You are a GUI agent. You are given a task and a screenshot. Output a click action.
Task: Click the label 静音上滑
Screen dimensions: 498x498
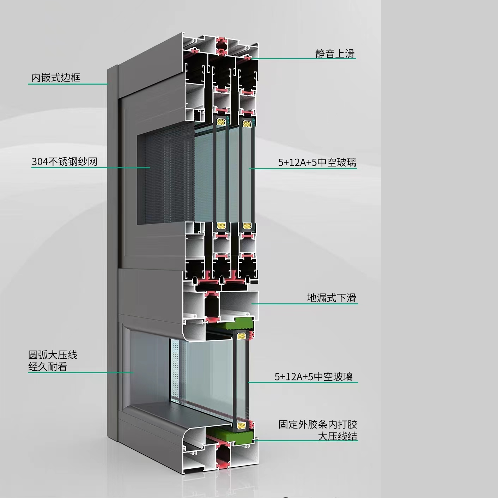[335, 54]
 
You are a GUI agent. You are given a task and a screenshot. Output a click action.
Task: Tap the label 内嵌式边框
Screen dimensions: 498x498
[56, 78]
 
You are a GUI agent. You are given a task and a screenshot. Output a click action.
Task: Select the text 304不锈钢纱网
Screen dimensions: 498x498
[64, 162]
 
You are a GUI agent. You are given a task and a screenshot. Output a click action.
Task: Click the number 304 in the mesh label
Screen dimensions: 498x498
[40, 162]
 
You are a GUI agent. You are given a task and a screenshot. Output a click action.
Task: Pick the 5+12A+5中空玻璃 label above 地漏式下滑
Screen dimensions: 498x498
[317, 162]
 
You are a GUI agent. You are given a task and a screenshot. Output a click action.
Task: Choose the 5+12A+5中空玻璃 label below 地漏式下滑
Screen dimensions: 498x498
[314, 377]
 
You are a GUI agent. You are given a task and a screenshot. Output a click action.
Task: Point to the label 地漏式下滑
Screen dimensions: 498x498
[332, 298]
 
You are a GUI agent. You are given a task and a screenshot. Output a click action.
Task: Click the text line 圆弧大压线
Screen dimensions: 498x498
[53, 355]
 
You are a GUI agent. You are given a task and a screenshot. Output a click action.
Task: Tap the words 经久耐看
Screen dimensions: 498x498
[48, 367]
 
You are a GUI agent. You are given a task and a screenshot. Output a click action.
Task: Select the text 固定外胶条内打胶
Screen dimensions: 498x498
[318, 424]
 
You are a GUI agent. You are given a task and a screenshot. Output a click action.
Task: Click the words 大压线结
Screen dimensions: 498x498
[338, 437]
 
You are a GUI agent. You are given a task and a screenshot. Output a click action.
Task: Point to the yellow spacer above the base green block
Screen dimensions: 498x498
[241, 425]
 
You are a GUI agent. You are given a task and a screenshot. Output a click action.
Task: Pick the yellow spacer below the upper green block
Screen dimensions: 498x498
[241, 336]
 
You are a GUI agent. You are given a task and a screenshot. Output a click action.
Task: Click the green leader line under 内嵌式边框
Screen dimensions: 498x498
[68, 84]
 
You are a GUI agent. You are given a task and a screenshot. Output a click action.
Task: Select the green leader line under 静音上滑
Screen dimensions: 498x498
[303, 59]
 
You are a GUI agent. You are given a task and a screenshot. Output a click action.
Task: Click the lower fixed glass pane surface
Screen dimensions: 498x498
[207, 377]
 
